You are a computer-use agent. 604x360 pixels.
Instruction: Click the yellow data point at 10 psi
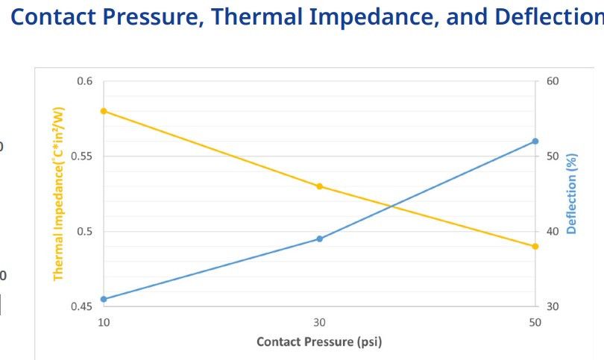[104, 111]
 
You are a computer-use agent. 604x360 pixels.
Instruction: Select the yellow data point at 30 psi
[319, 186]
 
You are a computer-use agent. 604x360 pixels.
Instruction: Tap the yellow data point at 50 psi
[535, 246]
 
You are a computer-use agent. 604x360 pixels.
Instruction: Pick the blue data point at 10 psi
[104, 299]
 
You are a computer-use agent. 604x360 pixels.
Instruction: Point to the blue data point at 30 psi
[319, 239]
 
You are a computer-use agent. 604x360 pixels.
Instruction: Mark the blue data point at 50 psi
[535, 142]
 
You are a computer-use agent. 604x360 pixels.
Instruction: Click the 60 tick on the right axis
[553, 81]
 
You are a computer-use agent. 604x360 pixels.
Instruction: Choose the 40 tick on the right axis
[553, 231]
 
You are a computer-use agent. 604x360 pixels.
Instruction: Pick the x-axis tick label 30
[319, 322]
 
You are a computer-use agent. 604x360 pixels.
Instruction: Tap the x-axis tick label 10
[104, 322]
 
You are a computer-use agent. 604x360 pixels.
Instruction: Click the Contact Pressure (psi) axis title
[319, 342]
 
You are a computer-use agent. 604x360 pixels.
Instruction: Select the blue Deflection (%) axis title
[572, 194]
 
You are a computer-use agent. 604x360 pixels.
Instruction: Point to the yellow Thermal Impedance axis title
[58, 194]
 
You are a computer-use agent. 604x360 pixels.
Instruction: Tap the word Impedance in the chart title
[375, 16]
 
